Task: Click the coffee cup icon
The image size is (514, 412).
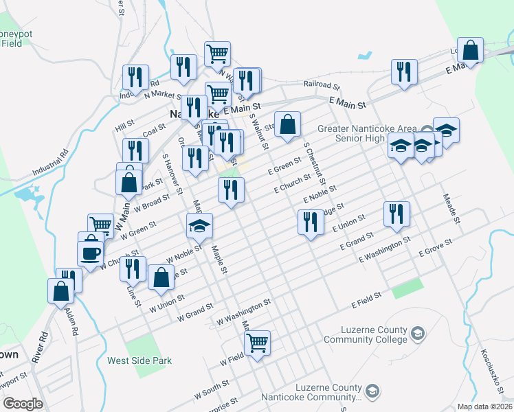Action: pos(91,253)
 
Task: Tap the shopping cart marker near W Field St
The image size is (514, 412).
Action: pos(257,341)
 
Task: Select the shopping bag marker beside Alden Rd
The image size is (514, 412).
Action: pos(61,290)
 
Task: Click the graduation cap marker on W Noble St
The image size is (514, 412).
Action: pos(199,224)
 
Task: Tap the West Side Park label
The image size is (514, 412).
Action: pos(139,360)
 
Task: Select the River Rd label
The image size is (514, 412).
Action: pos(43,347)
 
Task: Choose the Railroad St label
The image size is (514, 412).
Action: pos(322,86)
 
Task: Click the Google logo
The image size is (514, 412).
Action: pos(23,404)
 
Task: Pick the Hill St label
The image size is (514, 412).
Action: pos(124,126)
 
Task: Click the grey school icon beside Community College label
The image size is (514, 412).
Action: pos(417,334)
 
